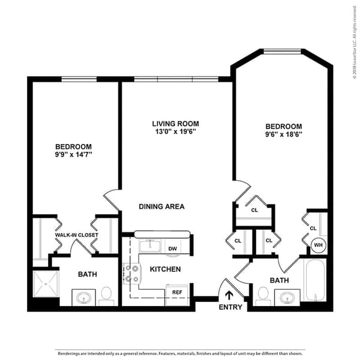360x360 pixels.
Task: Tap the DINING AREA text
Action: (161, 206)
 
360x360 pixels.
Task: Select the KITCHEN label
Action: (165, 269)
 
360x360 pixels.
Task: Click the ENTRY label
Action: (230, 307)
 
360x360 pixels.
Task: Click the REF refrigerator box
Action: (177, 293)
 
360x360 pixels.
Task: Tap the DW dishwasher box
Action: (172, 248)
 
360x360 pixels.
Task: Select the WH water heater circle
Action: (318, 245)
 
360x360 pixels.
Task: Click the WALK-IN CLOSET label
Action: (76, 235)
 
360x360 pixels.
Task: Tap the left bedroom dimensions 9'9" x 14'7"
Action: (73, 155)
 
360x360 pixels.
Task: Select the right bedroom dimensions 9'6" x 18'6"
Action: (283, 134)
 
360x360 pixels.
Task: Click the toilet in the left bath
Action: (107, 295)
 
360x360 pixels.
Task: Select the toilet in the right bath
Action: (262, 295)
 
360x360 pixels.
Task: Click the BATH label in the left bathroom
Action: (88, 274)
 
